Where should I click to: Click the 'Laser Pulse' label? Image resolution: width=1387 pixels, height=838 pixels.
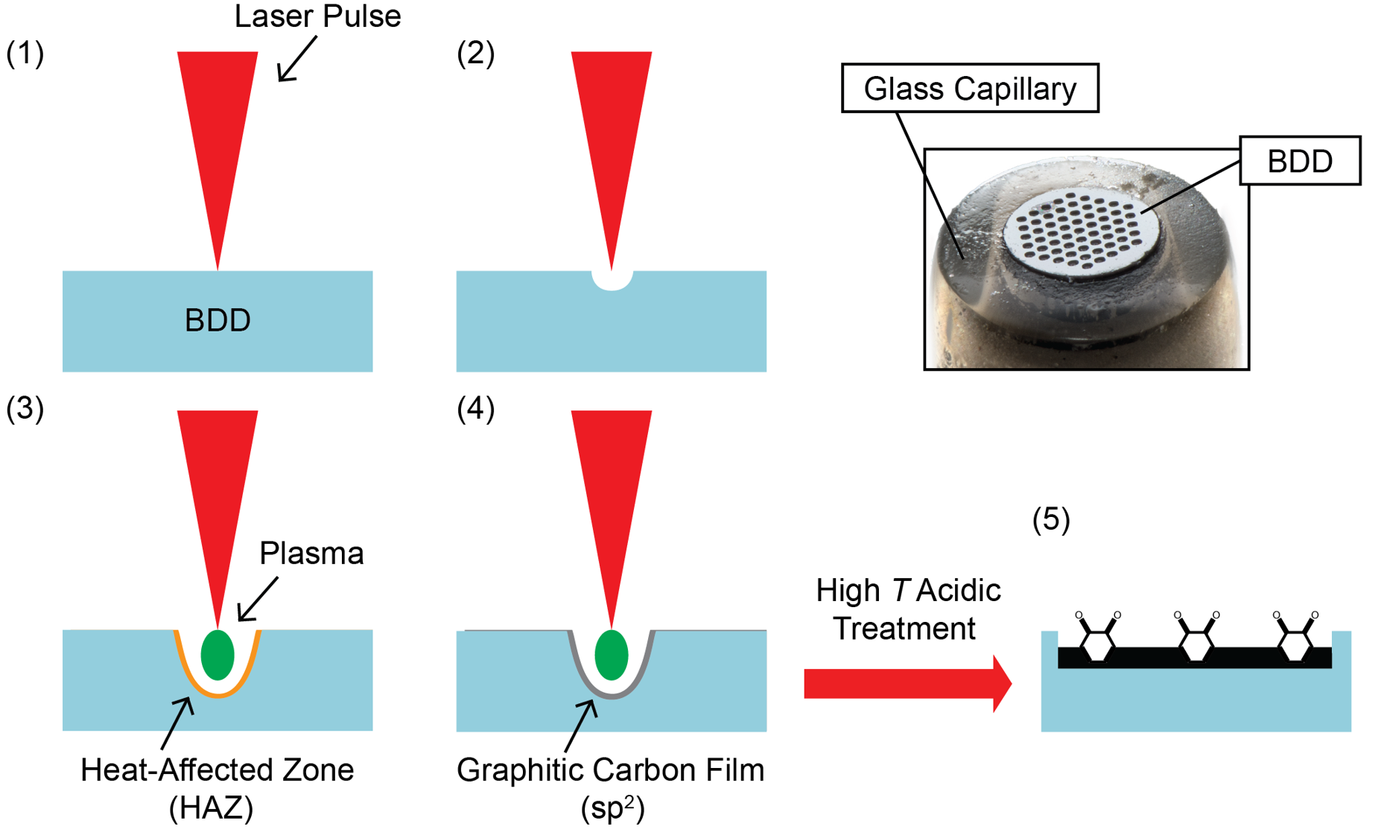point(317,16)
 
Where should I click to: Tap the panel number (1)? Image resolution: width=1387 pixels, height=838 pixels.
point(25,54)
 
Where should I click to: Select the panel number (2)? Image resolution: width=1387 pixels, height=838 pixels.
point(476,54)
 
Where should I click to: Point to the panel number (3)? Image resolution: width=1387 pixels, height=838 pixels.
point(25,409)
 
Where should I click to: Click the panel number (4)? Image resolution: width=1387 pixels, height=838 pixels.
point(476,409)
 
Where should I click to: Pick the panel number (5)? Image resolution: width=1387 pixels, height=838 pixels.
point(1051,519)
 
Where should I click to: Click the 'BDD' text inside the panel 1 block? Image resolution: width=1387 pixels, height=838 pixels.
point(218,320)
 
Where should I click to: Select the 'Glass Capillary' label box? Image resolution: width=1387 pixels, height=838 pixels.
point(970,89)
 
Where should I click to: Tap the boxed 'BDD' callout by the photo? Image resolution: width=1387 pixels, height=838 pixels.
point(1300,161)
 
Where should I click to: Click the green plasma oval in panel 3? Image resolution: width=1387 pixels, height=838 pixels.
point(218,655)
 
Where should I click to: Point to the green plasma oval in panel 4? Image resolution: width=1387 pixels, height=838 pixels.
point(612,655)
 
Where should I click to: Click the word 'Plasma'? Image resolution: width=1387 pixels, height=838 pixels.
point(311,553)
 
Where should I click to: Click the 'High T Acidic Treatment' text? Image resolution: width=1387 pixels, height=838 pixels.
point(907,609)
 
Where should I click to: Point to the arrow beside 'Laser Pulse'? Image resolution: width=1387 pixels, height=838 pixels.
point(296,58)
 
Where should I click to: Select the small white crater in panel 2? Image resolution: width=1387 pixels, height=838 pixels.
point(612,280)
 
